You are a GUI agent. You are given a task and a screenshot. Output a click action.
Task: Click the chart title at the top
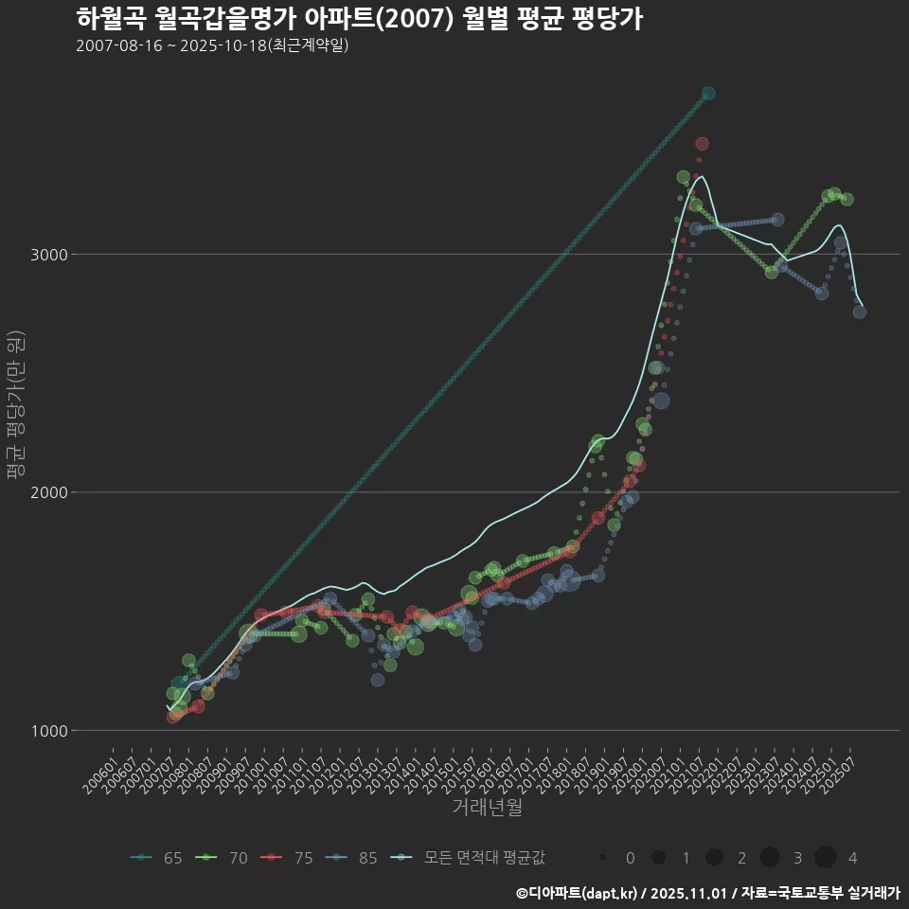tap(359, 19)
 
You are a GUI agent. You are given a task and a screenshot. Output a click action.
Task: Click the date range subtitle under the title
tap(212, 45)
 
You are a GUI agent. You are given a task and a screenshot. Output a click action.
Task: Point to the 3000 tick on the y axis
tap(49, 255)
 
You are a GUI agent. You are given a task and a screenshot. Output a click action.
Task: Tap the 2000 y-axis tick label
tap(49, 492)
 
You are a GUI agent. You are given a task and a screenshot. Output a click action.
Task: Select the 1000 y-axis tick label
tap(49, 730)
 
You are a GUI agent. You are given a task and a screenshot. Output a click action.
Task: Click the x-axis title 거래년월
tap(487, 807)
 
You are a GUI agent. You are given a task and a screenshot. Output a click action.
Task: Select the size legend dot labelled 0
tap(602, 858)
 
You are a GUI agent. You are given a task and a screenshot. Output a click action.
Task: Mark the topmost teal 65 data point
tap(708, 94)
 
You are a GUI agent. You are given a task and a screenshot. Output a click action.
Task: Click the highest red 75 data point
tap(702, 144)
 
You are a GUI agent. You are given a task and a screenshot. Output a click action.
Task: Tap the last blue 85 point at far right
tap(860, 312)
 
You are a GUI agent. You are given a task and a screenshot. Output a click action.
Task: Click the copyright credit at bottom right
tap(707, 893)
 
